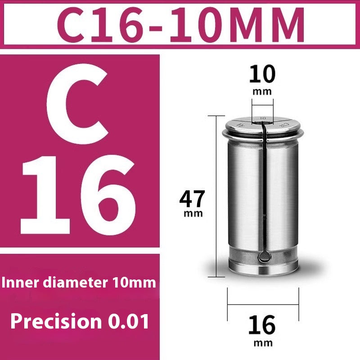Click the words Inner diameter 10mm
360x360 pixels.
[x=78, y=283]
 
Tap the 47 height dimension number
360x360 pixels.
[x=193, y=198]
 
